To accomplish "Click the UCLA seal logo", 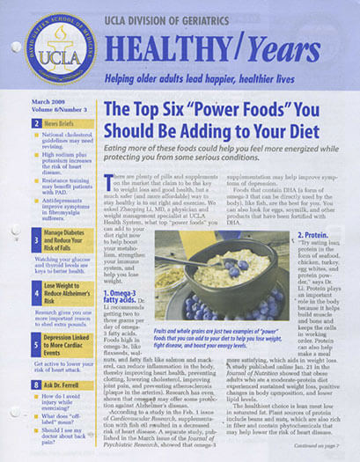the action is pos(49,50).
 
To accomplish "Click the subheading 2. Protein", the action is pos(312,211).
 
